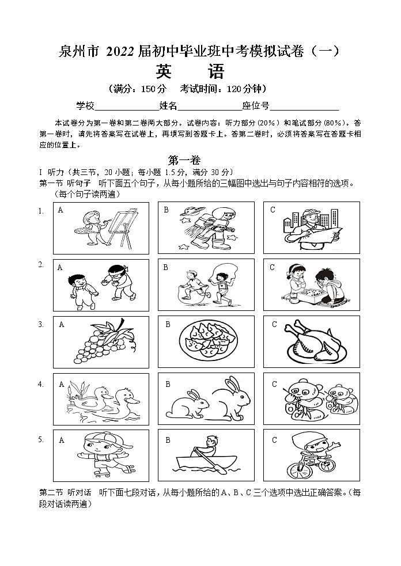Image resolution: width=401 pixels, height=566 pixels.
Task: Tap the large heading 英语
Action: [190, 71]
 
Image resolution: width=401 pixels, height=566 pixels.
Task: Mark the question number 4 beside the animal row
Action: [41, 383]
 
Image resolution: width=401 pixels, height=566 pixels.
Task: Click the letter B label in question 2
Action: [165, 267]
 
